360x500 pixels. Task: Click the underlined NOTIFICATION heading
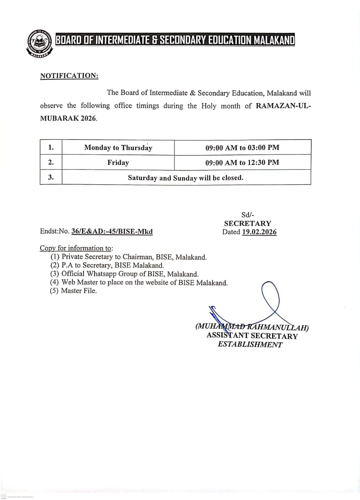69,76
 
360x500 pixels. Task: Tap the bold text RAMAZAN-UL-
283,106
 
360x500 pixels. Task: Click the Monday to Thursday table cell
118,148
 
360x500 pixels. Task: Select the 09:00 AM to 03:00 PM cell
242,148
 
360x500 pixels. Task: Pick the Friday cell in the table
118,162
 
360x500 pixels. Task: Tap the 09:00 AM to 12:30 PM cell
242,162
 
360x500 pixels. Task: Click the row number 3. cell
51,177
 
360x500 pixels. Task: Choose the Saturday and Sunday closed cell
186,178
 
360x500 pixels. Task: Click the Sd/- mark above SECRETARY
248,214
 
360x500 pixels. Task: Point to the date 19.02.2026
259,232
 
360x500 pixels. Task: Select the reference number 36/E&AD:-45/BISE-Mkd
112,232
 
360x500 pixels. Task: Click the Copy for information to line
76,248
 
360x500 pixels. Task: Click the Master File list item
78,291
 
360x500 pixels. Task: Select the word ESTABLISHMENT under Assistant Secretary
250,345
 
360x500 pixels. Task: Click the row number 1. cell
51,148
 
